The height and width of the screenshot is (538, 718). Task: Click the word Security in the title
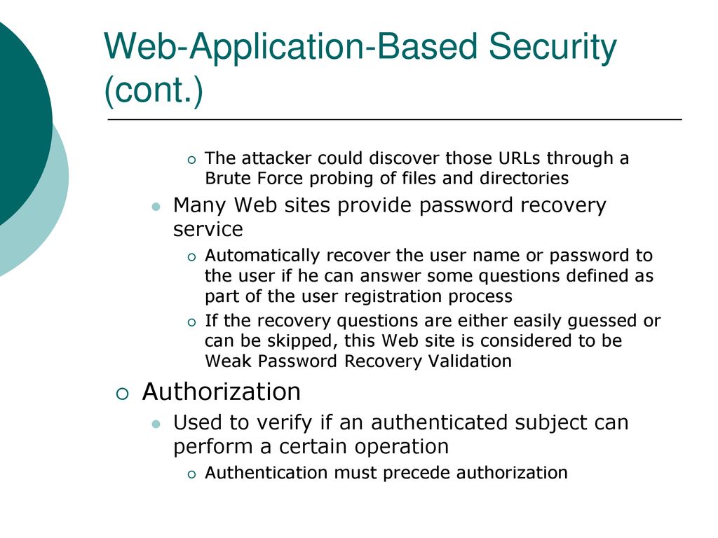[553, 48]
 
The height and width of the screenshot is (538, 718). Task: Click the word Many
[199, 205]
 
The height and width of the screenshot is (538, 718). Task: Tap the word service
[208, 229]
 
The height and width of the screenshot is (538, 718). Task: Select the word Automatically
[262, 256]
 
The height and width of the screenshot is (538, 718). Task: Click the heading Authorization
[221, 392]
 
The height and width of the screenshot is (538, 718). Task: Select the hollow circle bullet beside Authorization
[123, 394]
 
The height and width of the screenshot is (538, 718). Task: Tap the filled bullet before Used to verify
[156, 424]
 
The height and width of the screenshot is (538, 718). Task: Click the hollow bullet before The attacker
[191, 160]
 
